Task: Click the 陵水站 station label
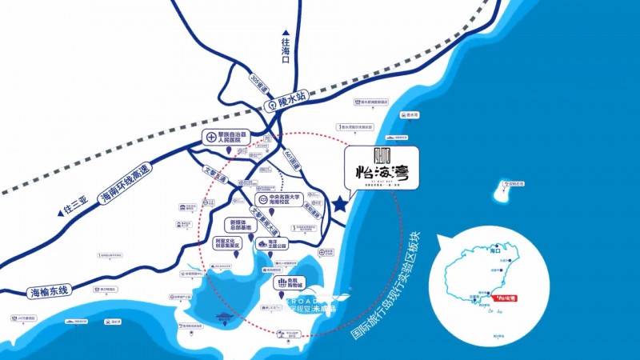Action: (x=293, y=103)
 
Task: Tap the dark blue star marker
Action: (x=341, y=205)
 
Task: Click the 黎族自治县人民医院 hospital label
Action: (x=226, y=137)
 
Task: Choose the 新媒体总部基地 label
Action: (x=240, y=225)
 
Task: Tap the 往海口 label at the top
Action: (x=286, y=50)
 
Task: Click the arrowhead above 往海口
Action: (x=286, y=33)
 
